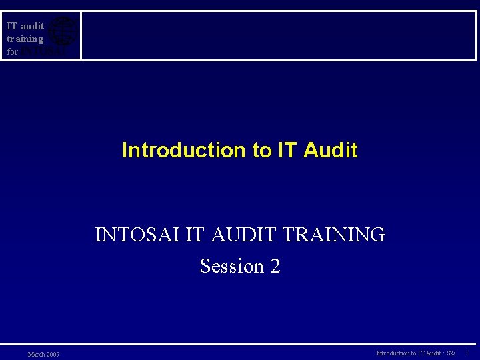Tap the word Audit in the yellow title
pyautogui.click(x=330, y=150)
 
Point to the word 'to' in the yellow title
pyautogui.click(x=261, y=150)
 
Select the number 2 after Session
pyautogui.click(x=275, y=266)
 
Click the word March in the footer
pyautogui.click(x=36, y=354)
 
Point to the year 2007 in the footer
pyautogui.click(x=53, y=354)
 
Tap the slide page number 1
pyautogui.click(x=467, y=353)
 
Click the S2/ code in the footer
pyautogui.click(x=451, y=353)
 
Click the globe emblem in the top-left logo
pyautogui.click(x=63, y=31)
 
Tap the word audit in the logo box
pyautogui.click(x=32, y=26)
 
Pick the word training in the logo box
pyautogui.click(x=25, y=39)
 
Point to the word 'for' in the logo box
pyautogui.click(x=12, y=51)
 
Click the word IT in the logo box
pyautogui.click(x=11, y=26)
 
